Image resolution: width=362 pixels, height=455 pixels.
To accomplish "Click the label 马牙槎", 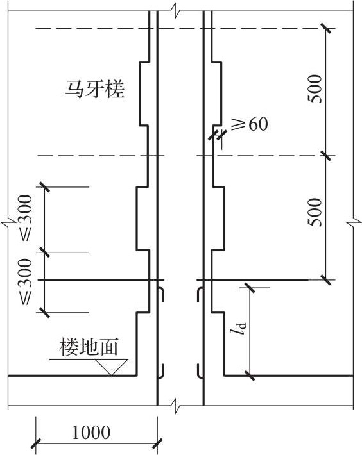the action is (95, 90).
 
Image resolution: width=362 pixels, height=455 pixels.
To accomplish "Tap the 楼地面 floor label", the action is (89, 347).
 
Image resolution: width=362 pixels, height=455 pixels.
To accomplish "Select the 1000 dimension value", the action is (91, 433).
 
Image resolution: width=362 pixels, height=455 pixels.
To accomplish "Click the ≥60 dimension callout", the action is (249, 125).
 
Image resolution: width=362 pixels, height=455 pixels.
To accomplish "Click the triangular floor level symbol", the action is (112, 367).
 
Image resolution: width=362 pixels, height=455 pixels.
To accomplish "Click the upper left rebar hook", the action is (161, 294).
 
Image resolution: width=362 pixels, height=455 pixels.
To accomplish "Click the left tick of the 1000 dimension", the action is (36, 443).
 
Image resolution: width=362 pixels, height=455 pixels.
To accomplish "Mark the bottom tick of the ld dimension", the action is (250, 375).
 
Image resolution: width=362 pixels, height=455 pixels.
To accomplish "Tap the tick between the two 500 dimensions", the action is (326, 156).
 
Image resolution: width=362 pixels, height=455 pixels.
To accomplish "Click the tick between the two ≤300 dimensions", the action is (44, 252).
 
